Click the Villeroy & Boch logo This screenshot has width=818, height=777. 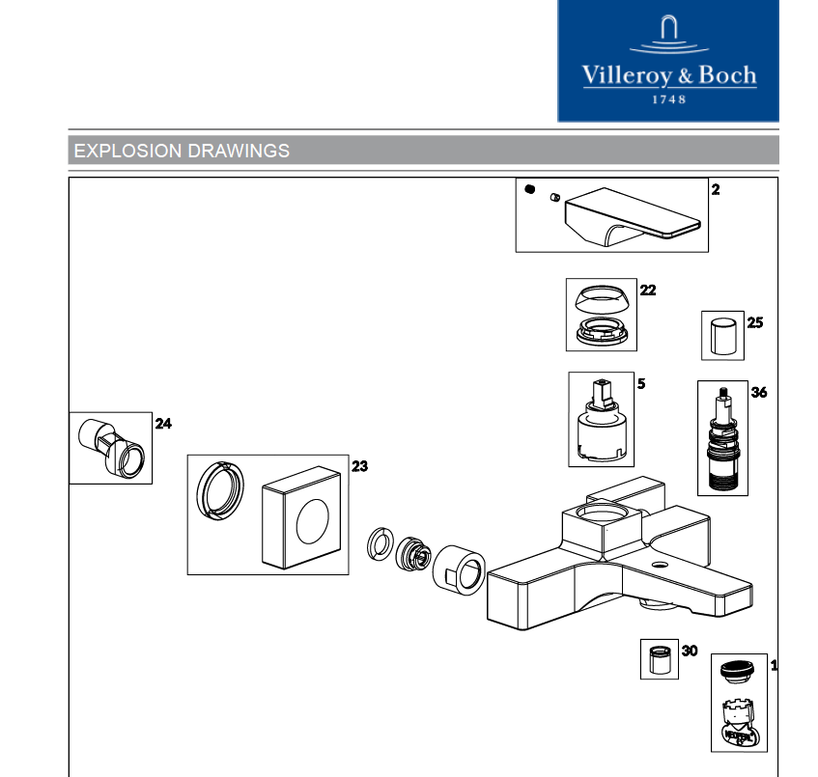[x=668, y=61]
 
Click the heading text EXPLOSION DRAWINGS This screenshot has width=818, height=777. [x=182, y=151]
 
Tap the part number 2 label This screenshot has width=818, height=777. [x=716, y=190]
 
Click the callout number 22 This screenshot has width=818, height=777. [x=648, y=290]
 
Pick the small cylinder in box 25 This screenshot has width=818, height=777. [x=721, y=335]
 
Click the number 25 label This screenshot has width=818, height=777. [x=754, y=322]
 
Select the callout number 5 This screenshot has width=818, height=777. [x=641, y=383]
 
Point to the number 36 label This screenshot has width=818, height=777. [x=759, y=393]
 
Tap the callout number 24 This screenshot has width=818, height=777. [x=163, y=423]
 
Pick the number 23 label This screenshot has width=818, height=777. [x=359, y=466]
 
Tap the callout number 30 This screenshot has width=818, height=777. [x=689, y=651]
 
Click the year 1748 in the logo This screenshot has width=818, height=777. [x=668, y=98]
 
